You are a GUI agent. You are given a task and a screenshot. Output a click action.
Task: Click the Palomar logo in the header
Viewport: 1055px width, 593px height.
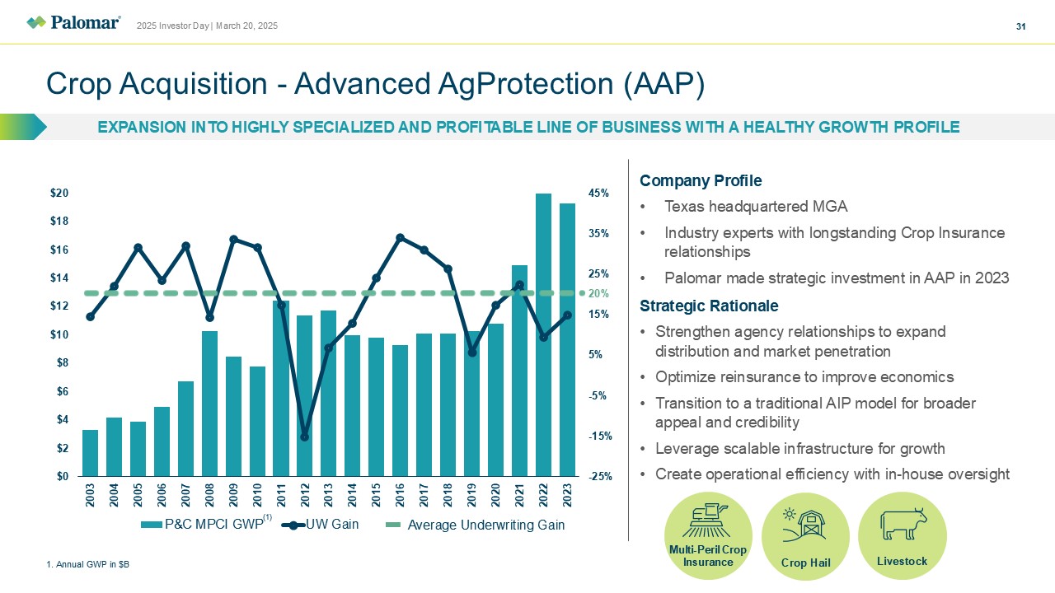73,23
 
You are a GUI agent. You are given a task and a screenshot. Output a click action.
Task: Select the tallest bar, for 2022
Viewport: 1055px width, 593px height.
543,334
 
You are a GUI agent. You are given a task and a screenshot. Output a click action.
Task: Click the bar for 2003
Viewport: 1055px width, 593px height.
90,453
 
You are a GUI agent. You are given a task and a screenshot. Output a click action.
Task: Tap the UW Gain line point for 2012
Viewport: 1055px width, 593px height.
304,437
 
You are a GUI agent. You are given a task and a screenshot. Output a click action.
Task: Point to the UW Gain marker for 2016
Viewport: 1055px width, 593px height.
400,238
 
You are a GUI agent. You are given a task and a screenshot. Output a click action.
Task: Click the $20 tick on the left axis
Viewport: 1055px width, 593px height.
59,193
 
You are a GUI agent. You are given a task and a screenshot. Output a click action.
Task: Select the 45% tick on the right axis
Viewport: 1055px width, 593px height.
598,193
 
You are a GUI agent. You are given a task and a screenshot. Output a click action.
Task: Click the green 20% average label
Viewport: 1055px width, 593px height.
598,293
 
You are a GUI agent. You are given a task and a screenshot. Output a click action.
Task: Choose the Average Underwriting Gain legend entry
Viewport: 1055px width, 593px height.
485,525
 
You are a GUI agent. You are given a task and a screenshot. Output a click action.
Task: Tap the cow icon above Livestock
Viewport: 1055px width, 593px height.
903,524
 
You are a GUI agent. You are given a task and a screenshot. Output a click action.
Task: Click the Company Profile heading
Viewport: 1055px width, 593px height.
700,180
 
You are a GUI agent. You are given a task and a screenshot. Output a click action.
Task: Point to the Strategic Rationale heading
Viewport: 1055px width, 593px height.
708,306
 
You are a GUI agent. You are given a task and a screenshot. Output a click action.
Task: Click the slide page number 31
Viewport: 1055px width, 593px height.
1020,26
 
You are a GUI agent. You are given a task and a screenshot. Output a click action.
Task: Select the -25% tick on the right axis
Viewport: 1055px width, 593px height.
598,476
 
